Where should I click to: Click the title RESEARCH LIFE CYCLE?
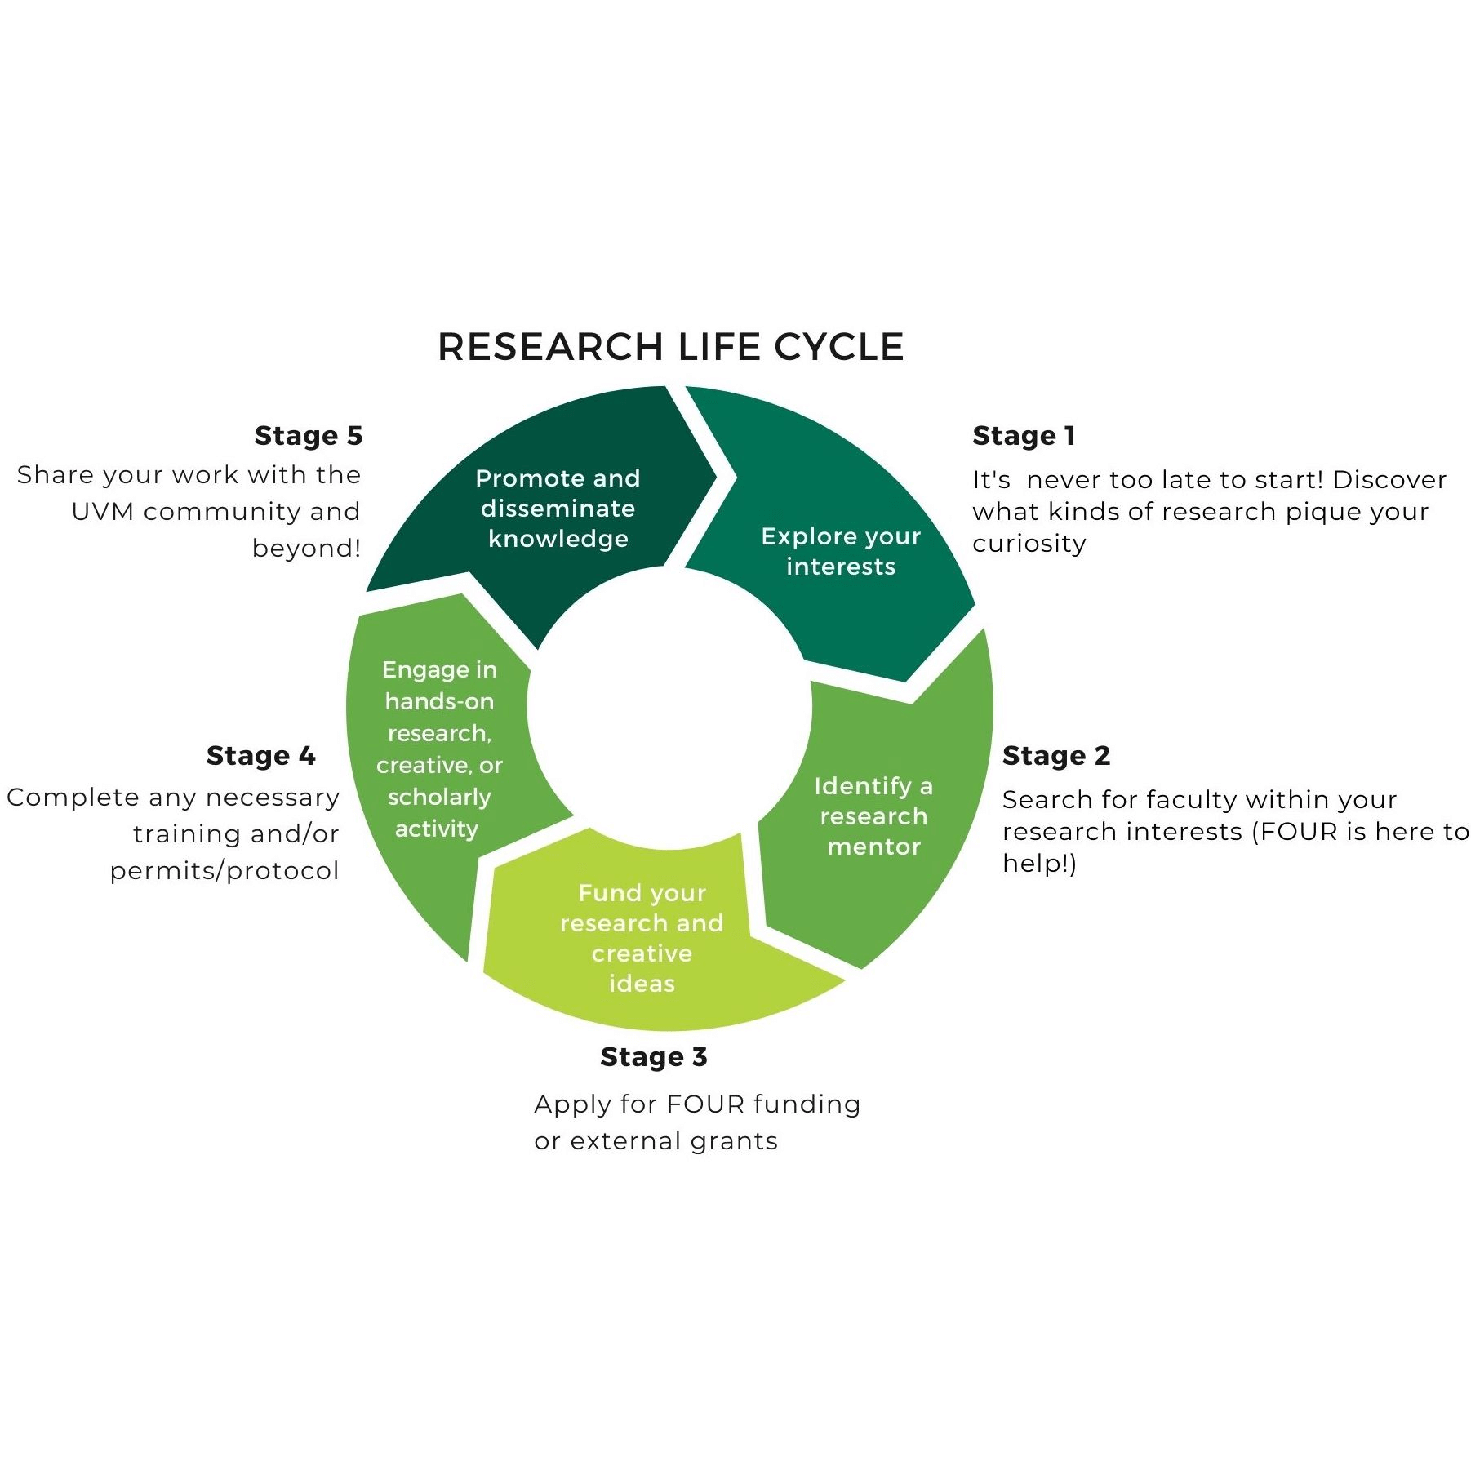(671, 347)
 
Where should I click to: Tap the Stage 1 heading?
(1024, 436)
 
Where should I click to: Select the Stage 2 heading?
(1056, 756)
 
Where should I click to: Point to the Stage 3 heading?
(654, 1057)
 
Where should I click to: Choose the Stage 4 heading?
(261, 756)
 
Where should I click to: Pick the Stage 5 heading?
(309, 436)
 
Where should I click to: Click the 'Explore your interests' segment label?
(841, 551)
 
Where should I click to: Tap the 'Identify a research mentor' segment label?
(873, 816)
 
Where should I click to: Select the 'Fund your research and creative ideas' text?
(642, 938)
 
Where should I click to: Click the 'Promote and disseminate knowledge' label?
(558, 508)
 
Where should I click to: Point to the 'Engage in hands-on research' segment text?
(439, 749)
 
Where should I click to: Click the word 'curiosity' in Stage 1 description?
(1029, 544)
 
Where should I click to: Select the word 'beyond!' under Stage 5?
(306, 548)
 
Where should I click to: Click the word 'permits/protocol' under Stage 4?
(224, 871)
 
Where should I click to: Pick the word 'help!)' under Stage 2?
(1040, 863)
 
